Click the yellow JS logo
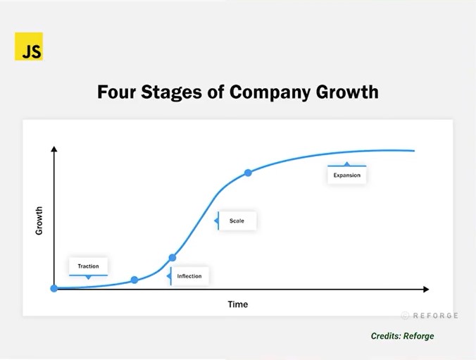coord(29,46)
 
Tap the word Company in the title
coord(270,92)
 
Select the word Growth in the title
coord(347,92)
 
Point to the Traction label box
coord(88,266)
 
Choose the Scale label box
coord(237,221)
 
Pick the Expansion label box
coord(346,175)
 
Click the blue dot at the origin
coord(54,288)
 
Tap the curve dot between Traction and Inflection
coord(134,280)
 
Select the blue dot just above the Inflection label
coord(172,258)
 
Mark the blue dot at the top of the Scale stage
coord(248,173)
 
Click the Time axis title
coord(238,304)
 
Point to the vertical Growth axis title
coord(39,221)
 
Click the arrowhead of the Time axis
coord(426,290)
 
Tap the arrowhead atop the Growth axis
coord(54,149)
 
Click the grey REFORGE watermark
coord(430,316)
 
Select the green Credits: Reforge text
coord(403,336)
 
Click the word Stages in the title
coord(172,92)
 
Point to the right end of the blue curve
coord(414,151)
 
